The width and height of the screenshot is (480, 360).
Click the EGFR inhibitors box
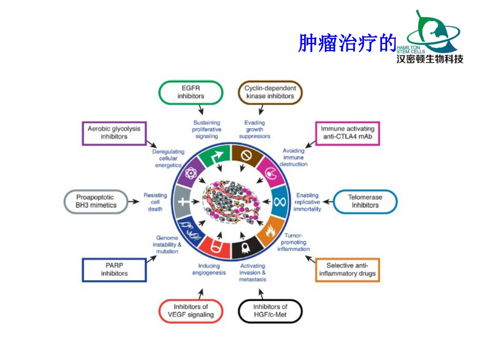click(x=191, y=92)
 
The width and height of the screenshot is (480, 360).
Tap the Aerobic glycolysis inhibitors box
click(x=114, y=133)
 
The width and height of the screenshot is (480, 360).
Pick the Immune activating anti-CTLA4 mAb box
click(x=347, y=133)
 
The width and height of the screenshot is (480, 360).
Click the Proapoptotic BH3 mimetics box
click(x=96, y=201)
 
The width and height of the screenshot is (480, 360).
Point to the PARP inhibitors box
click(x=114, y=269)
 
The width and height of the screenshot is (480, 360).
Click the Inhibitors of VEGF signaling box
click(x=191, y=311)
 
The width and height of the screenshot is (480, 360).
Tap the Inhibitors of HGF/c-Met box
click(x=270, y=311)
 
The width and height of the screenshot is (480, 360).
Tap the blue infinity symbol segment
click(x=280, y=201)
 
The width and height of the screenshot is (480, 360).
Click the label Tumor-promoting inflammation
click(x=294, y=242)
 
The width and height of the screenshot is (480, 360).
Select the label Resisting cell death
click(x=155, y=201)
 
